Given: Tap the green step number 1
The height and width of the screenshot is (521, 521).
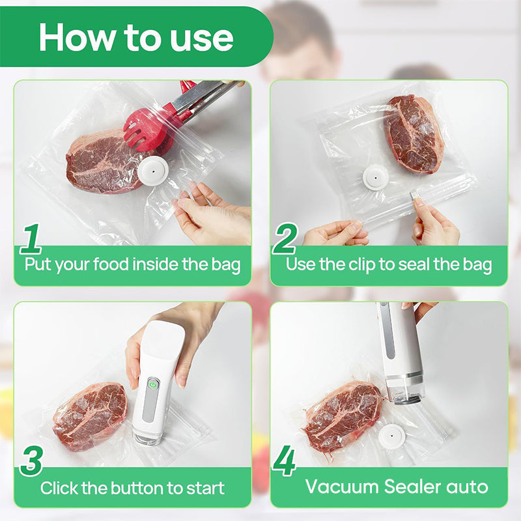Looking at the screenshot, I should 31,239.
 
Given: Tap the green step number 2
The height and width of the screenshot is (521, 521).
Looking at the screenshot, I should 284,239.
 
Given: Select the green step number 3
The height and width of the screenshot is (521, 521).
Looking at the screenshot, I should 31,461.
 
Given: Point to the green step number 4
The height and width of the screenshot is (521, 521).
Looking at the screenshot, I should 284,461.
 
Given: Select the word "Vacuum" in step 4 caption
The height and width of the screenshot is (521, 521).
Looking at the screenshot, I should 344,486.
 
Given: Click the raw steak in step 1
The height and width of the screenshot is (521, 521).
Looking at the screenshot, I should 101,162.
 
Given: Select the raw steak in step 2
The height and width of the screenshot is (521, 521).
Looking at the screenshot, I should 413,134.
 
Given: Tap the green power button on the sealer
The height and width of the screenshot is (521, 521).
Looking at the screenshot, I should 152,385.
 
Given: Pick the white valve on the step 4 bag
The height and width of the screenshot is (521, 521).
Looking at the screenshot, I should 393,436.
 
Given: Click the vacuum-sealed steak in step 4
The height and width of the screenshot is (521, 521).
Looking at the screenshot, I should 341,416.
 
